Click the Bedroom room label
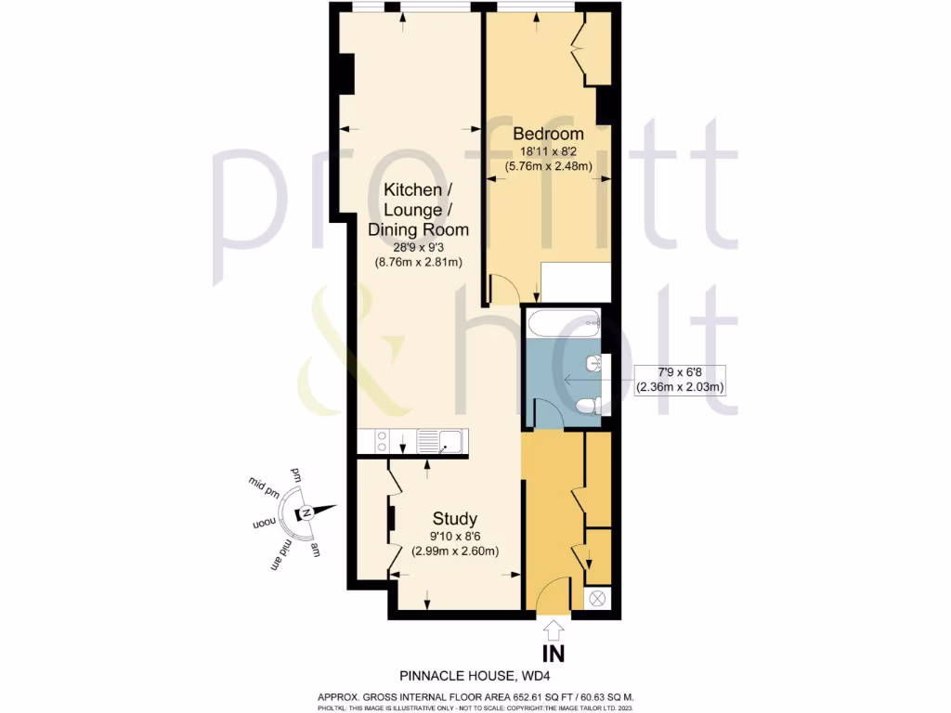[549, 135]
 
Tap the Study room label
[455, 519]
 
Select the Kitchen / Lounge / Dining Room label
[418, 210]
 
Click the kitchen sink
[443, 441]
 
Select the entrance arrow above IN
[554, 629]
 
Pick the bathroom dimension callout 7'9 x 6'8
[679, 380]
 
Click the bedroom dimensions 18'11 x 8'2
[549, 151]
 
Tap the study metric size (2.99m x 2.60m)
[455, 551]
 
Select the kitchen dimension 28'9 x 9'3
[418, 247]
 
